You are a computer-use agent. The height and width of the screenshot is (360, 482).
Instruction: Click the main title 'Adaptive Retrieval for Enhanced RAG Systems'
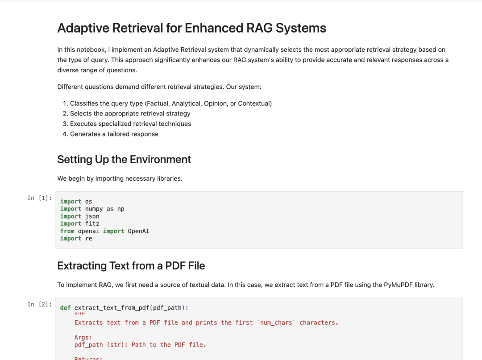[191, 28]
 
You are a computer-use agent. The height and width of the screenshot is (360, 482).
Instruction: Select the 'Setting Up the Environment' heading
[124, 160]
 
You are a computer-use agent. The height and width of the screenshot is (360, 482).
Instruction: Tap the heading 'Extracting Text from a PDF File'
[131, 266]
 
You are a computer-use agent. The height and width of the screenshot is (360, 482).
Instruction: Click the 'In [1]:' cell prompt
[39, 198]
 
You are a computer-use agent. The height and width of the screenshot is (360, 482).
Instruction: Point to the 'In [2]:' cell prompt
[39, 304]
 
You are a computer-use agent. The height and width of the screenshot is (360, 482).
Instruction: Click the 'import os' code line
[76, 202]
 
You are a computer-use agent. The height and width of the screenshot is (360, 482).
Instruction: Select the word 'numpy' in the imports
[94, 209]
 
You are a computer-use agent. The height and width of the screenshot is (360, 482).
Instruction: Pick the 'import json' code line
[79, 216]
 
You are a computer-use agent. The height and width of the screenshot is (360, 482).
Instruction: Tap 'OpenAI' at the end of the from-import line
[138, 231]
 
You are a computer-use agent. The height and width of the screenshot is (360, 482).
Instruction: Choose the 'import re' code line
[76, 238]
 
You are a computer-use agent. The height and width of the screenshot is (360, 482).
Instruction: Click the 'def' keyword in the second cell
[65, 308]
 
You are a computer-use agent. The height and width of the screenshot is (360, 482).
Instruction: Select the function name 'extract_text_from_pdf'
[111, 308]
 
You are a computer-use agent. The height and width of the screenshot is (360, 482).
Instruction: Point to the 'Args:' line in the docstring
[83, 338]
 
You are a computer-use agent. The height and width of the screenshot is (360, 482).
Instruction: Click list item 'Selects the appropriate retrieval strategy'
[130, 114]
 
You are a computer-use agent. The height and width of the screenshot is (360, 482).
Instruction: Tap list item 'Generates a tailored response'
[114, 134]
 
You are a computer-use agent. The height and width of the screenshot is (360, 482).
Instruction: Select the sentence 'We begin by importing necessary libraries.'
[120, 178]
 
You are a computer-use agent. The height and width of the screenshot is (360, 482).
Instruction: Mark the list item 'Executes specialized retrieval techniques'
[130, 124]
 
